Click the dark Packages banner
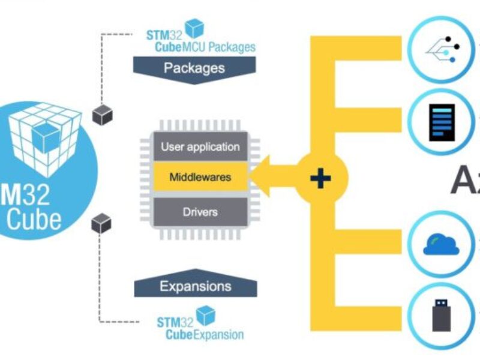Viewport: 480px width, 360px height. (194, 68)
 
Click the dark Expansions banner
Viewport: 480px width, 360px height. (195, 286)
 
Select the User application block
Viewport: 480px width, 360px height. (200, 146)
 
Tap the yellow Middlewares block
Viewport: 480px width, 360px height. (200, 178)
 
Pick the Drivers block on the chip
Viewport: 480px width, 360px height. (200, 212)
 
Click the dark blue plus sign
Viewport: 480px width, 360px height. (322, 178)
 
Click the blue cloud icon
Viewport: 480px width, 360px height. (442, 244)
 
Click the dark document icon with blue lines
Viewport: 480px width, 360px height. (442, 122)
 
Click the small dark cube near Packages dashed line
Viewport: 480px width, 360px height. (101, 115)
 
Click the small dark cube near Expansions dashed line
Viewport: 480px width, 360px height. (101, 223)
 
